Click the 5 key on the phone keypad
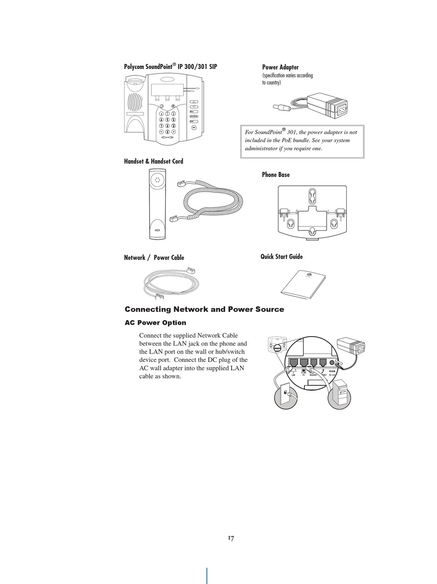(167, 120)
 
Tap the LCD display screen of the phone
(167, 89)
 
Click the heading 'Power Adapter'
(280, 67)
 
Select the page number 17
(231, 538)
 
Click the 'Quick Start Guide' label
(282, 257)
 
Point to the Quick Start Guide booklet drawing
(304, 285)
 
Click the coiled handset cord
(214, 201)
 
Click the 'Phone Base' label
(276, 175)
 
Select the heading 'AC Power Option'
(155, 323)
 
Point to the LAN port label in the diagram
(293, 375)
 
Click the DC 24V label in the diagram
(332, 375)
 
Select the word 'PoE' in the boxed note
(294, 140)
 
